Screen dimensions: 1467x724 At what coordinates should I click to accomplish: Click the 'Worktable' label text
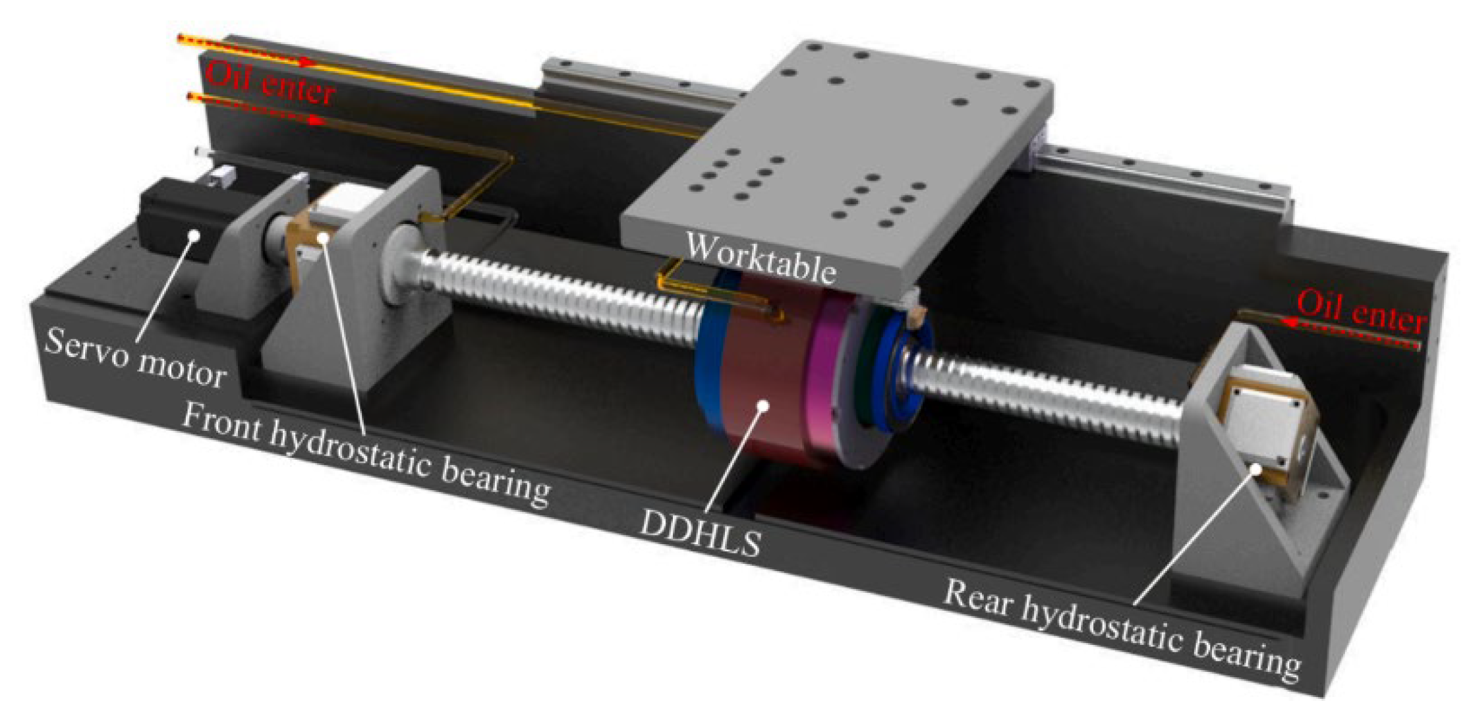click(761, 258)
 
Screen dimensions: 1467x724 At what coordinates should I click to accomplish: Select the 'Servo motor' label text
click(136, 360)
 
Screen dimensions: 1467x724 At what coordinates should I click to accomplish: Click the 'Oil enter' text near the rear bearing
click(1361, 313)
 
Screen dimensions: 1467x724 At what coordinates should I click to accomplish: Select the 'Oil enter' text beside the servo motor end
click(270, 83)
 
